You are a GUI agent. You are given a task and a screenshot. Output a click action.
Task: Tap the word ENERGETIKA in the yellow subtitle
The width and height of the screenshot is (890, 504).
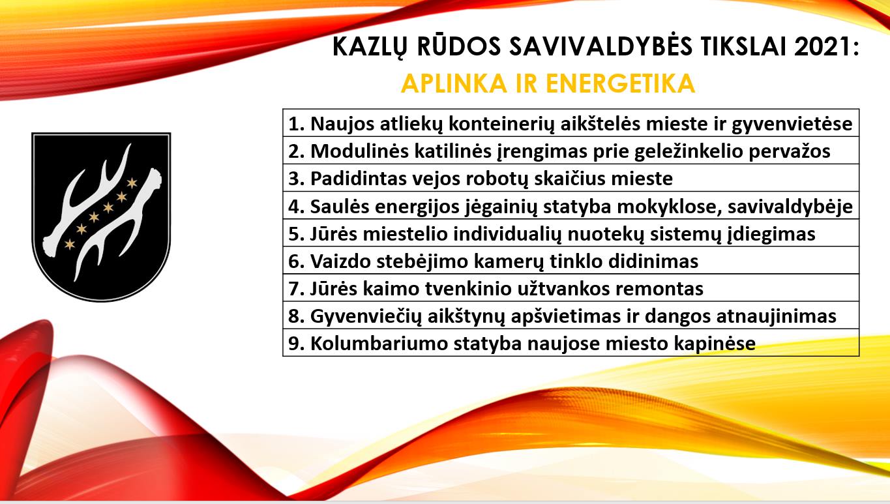[620, 83]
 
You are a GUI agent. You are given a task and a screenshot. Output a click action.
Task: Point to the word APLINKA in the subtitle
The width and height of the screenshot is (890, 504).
[454, 83]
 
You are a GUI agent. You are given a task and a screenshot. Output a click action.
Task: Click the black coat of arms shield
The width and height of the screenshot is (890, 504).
[101, 217]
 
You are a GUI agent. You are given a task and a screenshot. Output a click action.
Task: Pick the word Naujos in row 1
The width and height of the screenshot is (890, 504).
[342, 125]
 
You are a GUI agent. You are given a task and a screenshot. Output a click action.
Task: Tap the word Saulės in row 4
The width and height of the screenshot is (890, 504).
[340, 207]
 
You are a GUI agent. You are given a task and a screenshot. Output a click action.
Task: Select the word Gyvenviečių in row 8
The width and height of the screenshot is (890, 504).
[366, 317]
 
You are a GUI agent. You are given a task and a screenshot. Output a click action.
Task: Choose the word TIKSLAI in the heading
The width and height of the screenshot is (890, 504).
[744, 46]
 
